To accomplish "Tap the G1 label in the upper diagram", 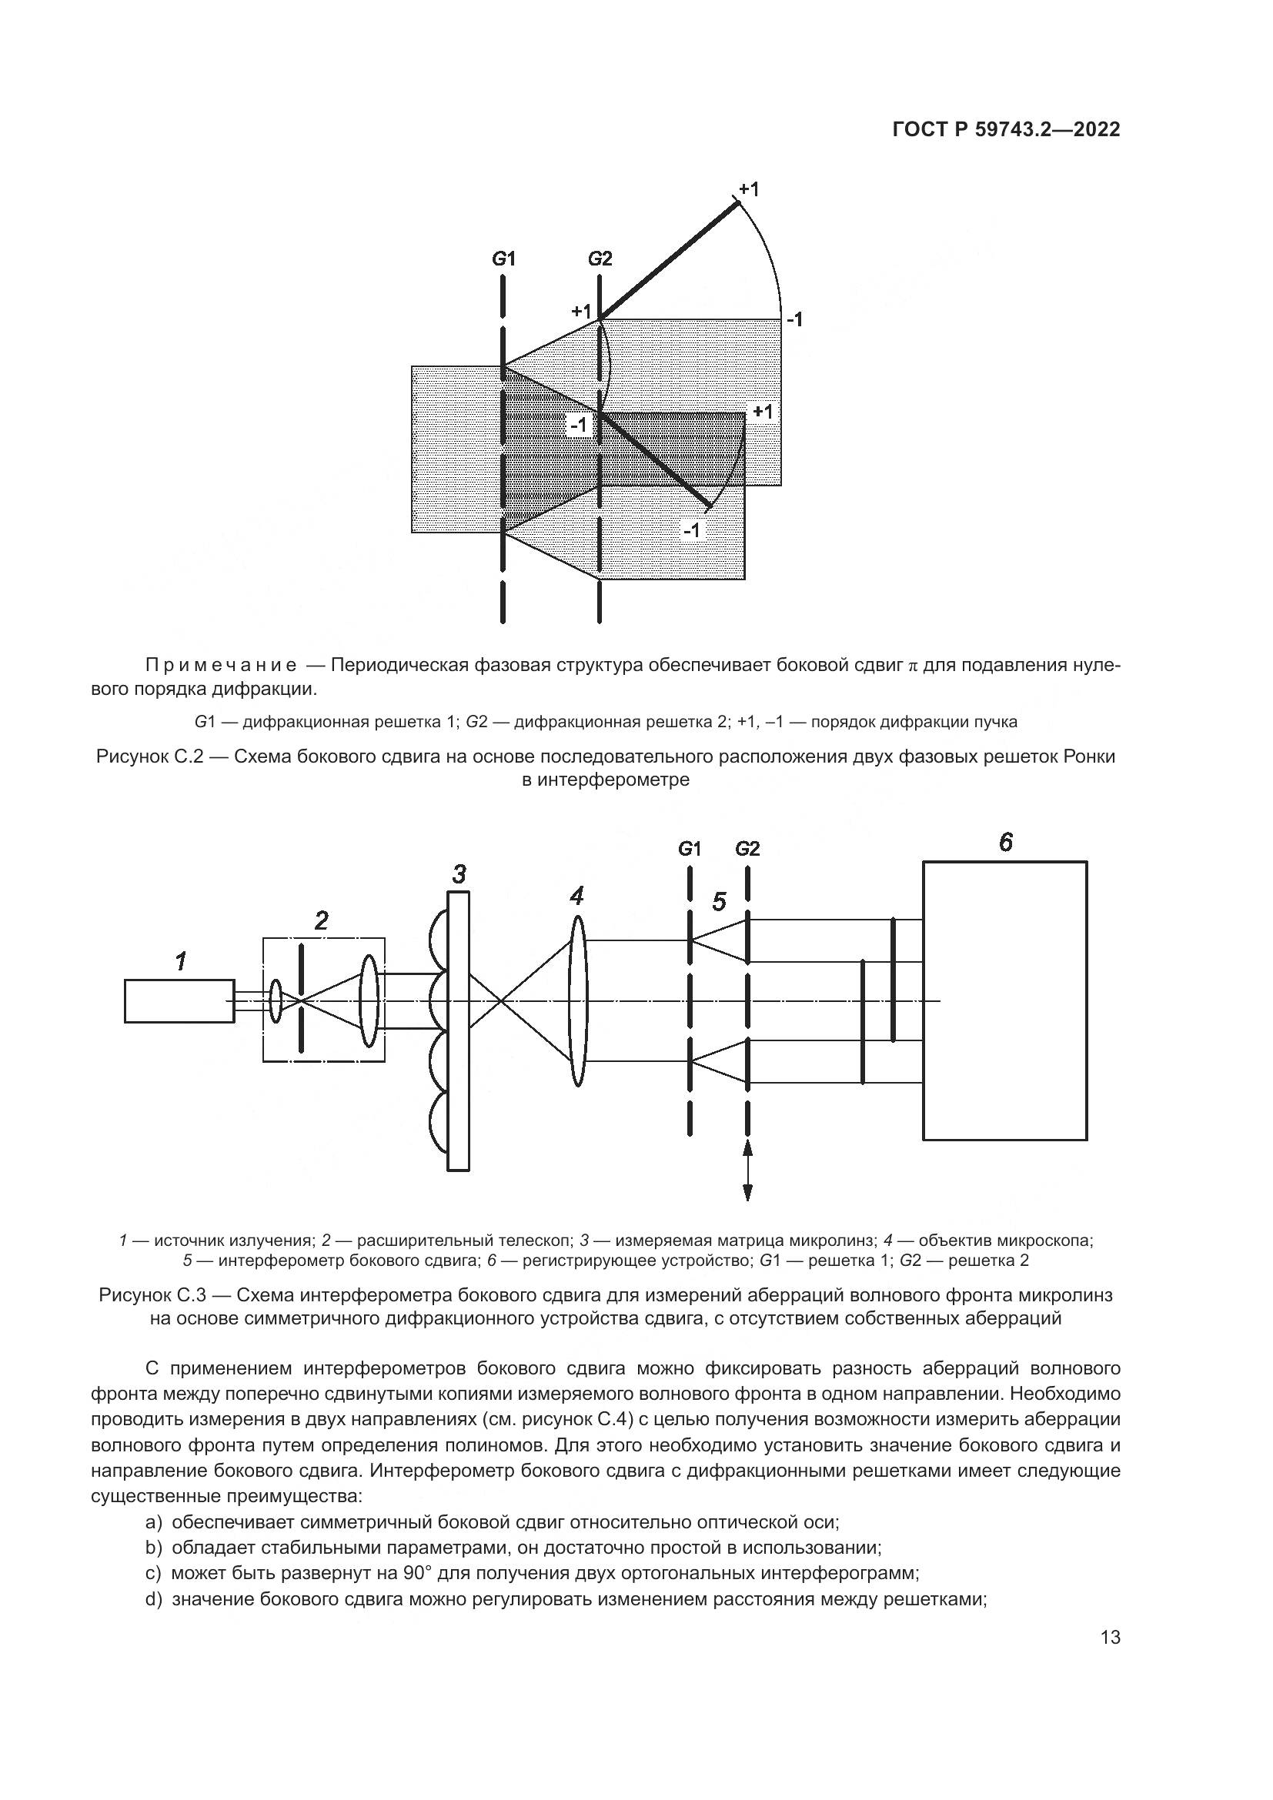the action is (503, 258).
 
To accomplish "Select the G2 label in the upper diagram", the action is (600, 258).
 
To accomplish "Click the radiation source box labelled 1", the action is (179, 1001).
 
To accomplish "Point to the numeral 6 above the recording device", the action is (1006, 842).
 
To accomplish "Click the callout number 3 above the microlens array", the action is (459, 873).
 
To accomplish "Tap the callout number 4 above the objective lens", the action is (577, 895).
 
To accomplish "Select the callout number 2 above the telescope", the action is (322, 920).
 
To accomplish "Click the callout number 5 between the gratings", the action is (719, 903).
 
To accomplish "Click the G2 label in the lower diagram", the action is (748, 848).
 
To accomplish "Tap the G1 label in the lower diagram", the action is (689, 848).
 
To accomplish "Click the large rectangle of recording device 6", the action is (1005, 1001).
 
